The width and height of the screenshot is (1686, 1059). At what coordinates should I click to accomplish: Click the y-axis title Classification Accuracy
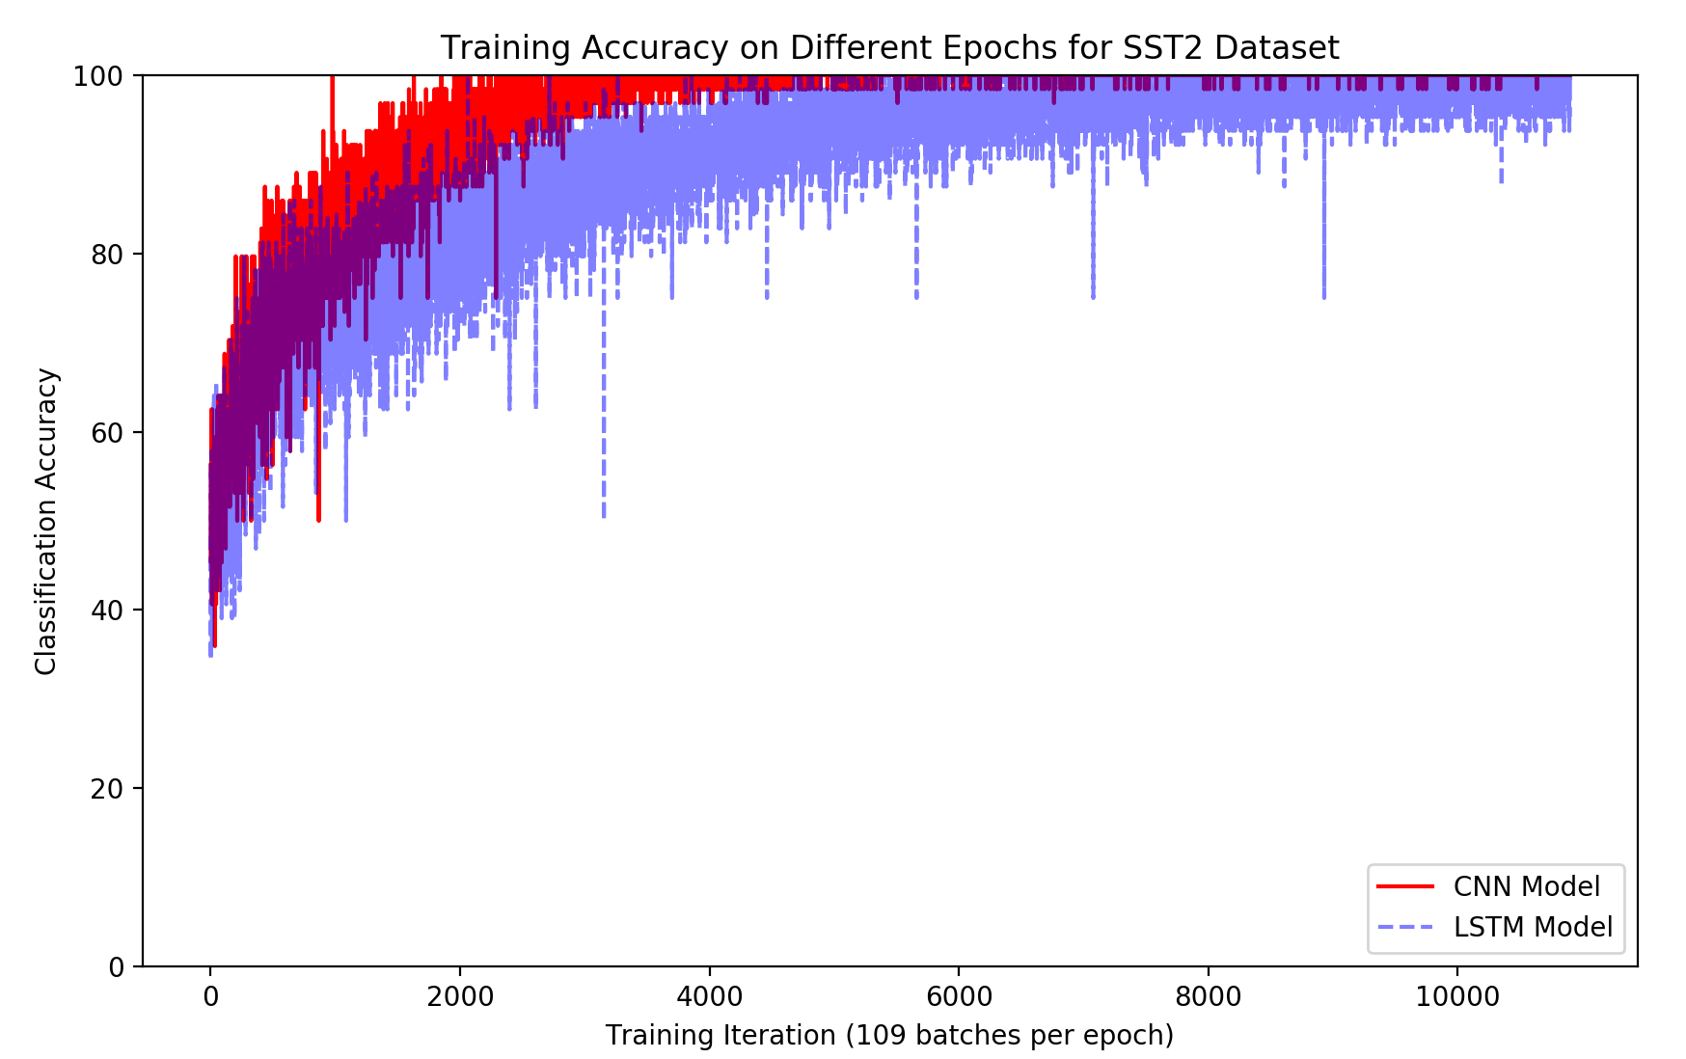point(46,521)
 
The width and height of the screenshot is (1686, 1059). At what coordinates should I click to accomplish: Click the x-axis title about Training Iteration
point(888,1036)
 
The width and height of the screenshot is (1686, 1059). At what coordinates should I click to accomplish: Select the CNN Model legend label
point(1526,886)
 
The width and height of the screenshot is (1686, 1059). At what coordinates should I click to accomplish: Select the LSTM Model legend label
point(1533,927)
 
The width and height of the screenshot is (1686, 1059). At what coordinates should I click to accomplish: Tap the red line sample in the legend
point(1404,886)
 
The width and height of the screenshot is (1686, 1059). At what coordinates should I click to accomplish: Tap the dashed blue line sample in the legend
point(1404,927)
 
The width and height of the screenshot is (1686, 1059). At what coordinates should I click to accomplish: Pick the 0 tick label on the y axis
point(117,966)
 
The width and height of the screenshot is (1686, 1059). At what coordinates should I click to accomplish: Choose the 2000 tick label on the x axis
point(459,996)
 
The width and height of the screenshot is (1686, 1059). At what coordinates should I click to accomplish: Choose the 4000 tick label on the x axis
point(709,996)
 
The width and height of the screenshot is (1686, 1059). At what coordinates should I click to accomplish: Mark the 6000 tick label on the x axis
point(959,996)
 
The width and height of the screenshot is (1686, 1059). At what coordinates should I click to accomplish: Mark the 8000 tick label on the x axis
point(1209,996)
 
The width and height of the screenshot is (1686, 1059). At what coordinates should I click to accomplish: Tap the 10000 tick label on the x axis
point(1457,996)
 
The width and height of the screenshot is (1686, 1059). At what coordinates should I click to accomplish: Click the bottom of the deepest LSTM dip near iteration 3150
point(604,515)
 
